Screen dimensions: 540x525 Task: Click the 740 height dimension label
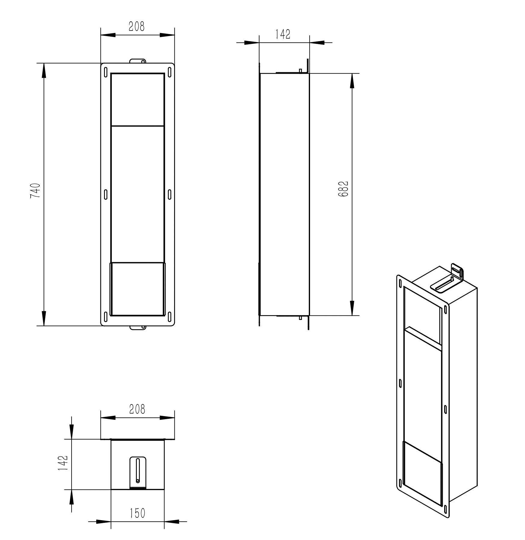click(35, 190)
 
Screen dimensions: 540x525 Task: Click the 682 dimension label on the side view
click(343, 189)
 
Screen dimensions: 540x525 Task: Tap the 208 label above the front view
click(137, 26)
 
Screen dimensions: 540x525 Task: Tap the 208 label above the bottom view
click(137, 409)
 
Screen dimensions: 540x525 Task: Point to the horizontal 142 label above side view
click(283, 34)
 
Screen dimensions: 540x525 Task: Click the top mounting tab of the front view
click(137, 61)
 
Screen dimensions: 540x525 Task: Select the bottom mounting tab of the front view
click(138, 327)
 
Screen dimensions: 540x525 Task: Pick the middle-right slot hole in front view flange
click(170, 194)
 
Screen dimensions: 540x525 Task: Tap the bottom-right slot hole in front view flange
click(170, 316)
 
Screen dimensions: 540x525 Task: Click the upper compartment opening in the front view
click(137, 99)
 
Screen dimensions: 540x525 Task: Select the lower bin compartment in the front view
click(137, 289)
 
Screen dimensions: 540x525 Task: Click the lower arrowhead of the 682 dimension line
click(352, 308)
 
